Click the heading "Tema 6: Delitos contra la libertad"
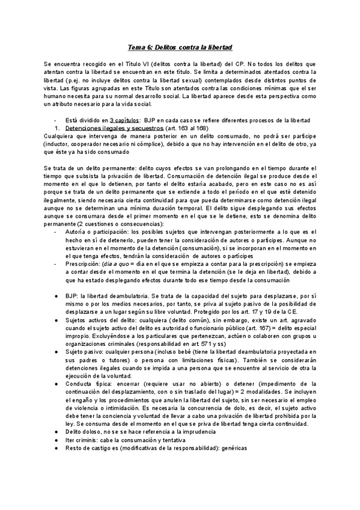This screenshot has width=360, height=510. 180,46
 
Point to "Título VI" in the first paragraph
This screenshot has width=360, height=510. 139,63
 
